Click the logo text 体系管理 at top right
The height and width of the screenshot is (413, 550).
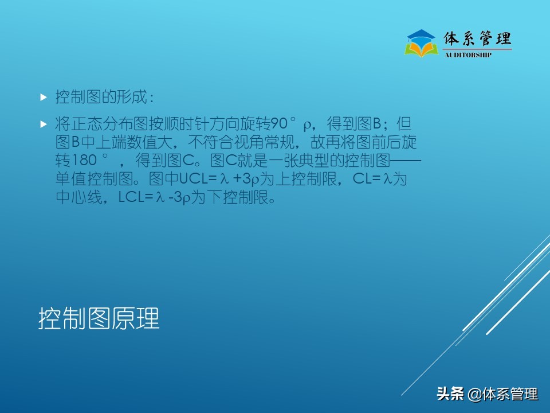477,39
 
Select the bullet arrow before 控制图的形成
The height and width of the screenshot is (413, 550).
43,98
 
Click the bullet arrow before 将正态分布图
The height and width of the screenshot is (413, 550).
43,124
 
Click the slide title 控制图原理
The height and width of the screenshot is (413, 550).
99,319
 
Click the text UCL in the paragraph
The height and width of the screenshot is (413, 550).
192,179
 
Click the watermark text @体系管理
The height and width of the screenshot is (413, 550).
502,394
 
